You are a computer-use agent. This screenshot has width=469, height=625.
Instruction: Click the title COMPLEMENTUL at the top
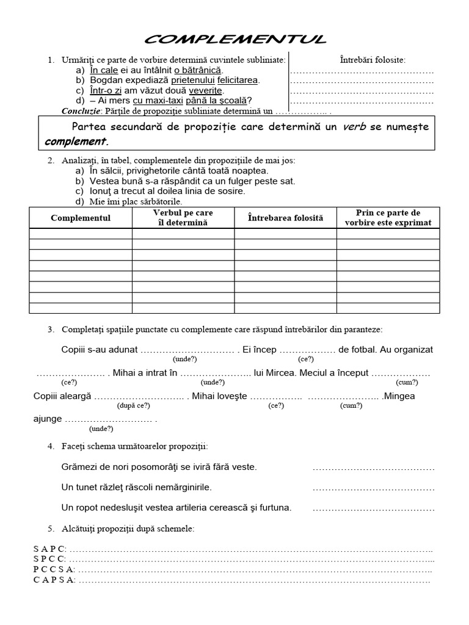pos(235,40)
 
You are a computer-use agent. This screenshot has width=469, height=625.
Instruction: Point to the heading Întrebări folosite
pos(373,59)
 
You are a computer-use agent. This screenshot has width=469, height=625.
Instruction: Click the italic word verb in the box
pos(354,127)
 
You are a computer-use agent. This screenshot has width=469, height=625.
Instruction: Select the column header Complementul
pos(81,218)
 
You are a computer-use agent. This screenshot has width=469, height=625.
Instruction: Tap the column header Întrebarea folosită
pos(285,218)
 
